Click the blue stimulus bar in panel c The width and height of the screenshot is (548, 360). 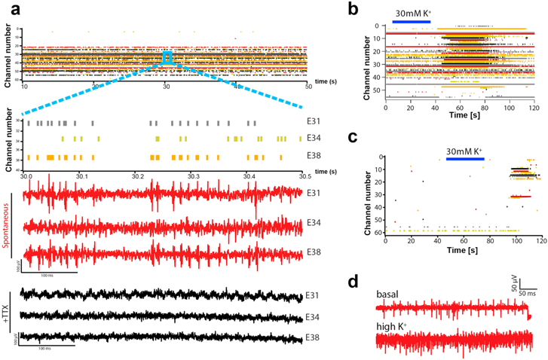tap(465, 159)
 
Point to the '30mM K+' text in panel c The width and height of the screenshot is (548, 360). tap(466, 149)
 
